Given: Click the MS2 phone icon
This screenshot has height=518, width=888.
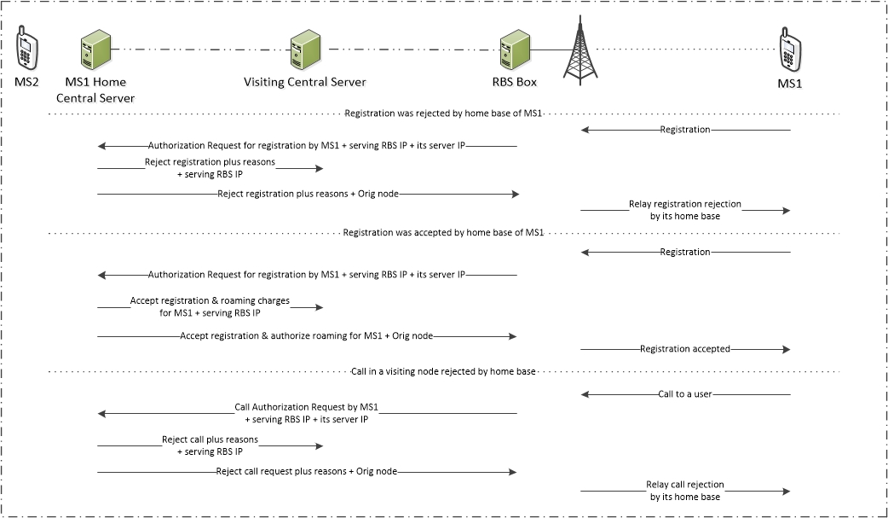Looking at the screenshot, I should pos(26,51).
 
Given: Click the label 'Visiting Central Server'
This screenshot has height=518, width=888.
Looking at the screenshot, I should pos(304,82).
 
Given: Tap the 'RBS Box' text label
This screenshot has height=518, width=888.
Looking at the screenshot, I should pos(515,82).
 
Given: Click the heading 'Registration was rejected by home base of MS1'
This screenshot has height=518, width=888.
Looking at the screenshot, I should pos(443,113).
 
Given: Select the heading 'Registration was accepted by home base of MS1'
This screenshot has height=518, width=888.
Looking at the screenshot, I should pos(443,232).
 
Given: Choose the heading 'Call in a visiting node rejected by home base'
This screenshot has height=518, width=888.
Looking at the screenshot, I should pos(443,372).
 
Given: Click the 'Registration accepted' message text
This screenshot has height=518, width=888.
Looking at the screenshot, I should pos(685,349).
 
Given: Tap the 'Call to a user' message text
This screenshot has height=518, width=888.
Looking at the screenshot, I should pos(685,395).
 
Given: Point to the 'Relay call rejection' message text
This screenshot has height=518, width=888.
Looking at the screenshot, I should pos(685,485).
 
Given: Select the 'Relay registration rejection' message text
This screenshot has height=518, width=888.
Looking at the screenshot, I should pos(685,205).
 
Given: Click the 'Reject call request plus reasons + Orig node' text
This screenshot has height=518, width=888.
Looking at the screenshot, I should pos(307,471).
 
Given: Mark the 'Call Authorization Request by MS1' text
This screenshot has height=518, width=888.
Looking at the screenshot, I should pos(307,407).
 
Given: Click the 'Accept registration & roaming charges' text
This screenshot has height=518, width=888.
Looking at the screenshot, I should pos(210,300).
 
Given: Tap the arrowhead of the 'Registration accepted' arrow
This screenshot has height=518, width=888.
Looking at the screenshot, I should pos(787,349).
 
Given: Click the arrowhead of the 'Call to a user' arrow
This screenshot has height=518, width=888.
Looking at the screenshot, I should pos(585,395).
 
